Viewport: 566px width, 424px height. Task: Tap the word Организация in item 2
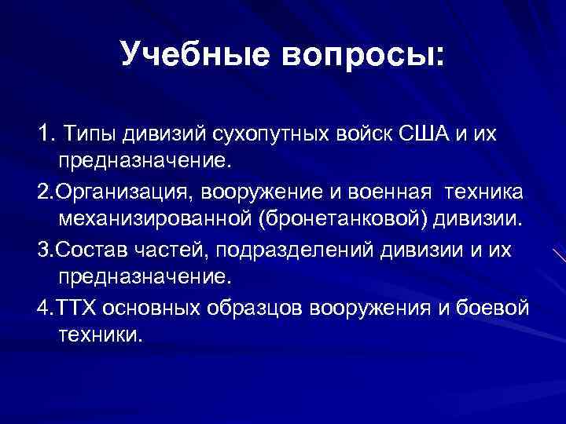(x=124, y=191)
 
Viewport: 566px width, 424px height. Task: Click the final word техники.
(x=101, y=336)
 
